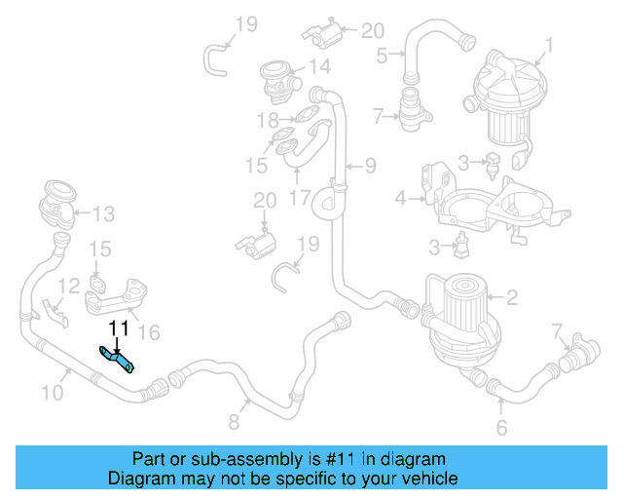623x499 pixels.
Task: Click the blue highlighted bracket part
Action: [x=118, y=358]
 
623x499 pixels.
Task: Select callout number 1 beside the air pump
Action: [x=549, y=44]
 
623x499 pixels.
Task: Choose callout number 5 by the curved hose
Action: [x=501, y=427]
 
